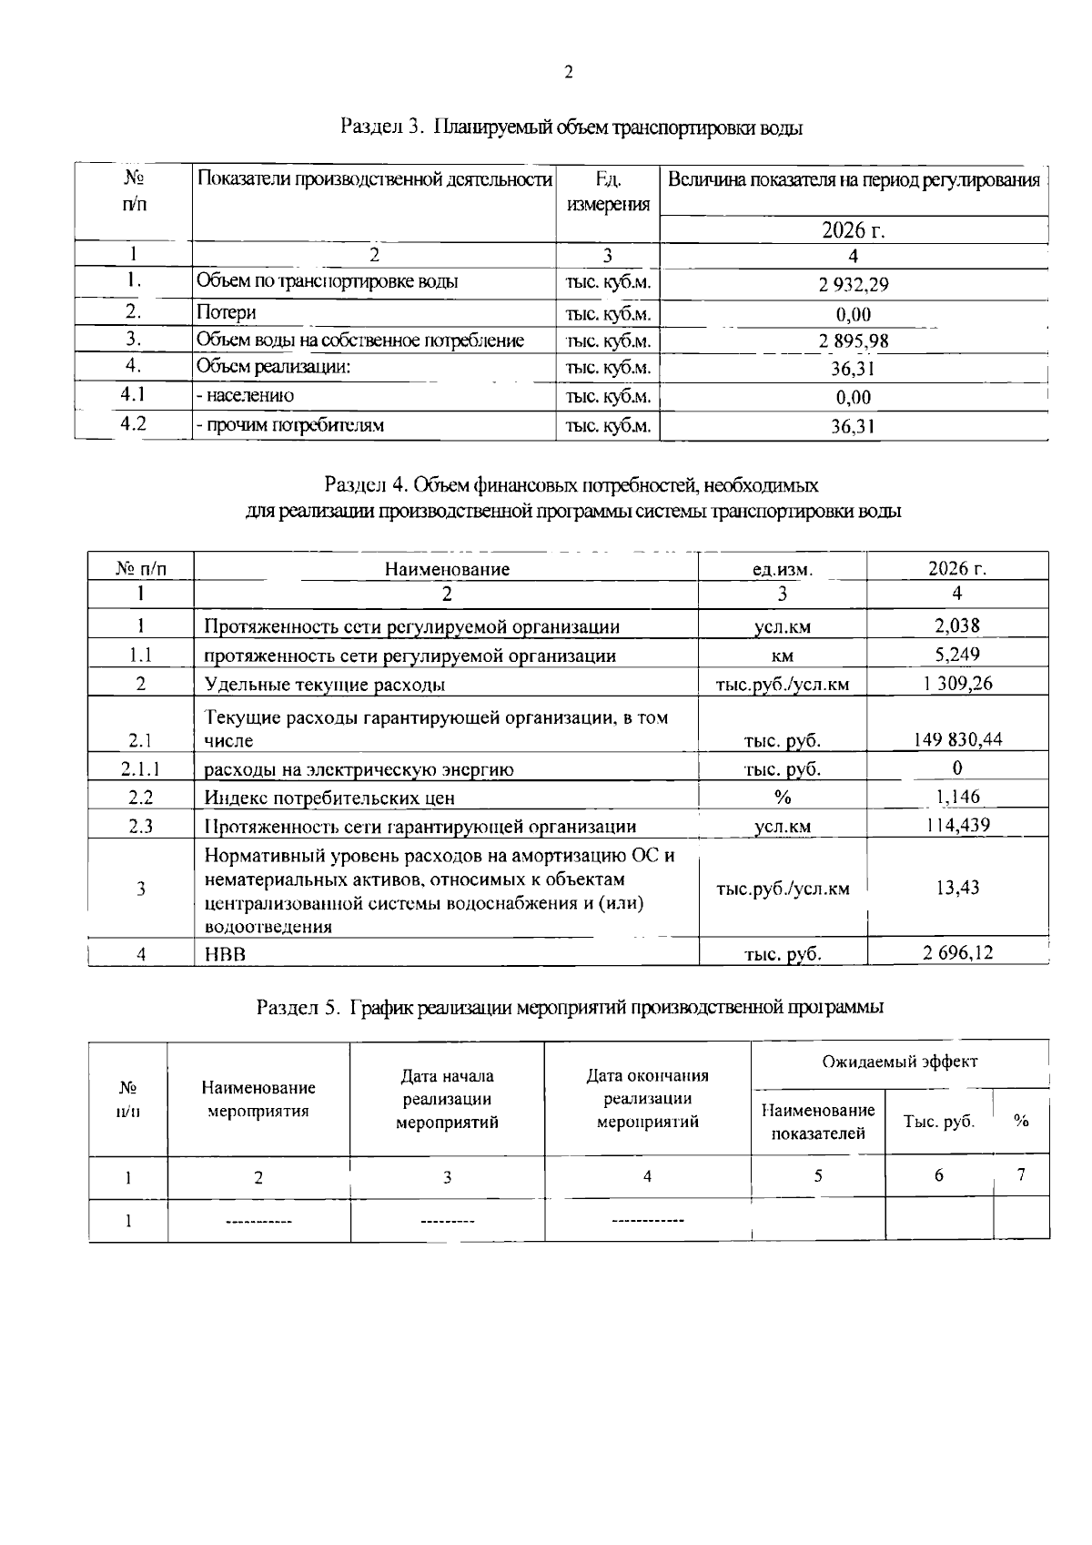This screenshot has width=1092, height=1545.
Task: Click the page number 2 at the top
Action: pos(569,73)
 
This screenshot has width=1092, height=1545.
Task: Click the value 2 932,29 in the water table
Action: pos(853,285)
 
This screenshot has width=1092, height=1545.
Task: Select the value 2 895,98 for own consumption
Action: pos(853,341)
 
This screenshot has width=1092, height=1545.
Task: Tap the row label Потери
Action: pos(227,312)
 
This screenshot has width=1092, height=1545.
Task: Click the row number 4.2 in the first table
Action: pos(133,423)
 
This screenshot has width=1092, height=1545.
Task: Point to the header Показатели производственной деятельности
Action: pos(375,179)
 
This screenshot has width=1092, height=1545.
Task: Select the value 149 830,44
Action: pos(957,740)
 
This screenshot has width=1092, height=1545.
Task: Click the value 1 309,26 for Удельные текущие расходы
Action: pos(957,684)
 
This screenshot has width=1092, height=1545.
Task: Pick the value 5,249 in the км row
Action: pos(957,655)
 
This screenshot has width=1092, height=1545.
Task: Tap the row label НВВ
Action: pos(225,954)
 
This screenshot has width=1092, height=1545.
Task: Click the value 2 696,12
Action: pos(957,953)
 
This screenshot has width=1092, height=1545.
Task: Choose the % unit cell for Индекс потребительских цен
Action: pos(782,798)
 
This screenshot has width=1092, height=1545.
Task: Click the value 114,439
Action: pos(957,826)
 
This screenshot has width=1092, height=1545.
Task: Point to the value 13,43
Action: pos(957,888)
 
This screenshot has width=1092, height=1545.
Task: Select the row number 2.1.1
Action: pos(141,769)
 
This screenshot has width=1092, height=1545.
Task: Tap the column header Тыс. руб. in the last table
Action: pos(938,1122)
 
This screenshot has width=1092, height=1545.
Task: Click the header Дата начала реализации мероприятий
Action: pos(447,1099)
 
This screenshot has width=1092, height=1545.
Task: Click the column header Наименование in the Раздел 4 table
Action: pos(447,570)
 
